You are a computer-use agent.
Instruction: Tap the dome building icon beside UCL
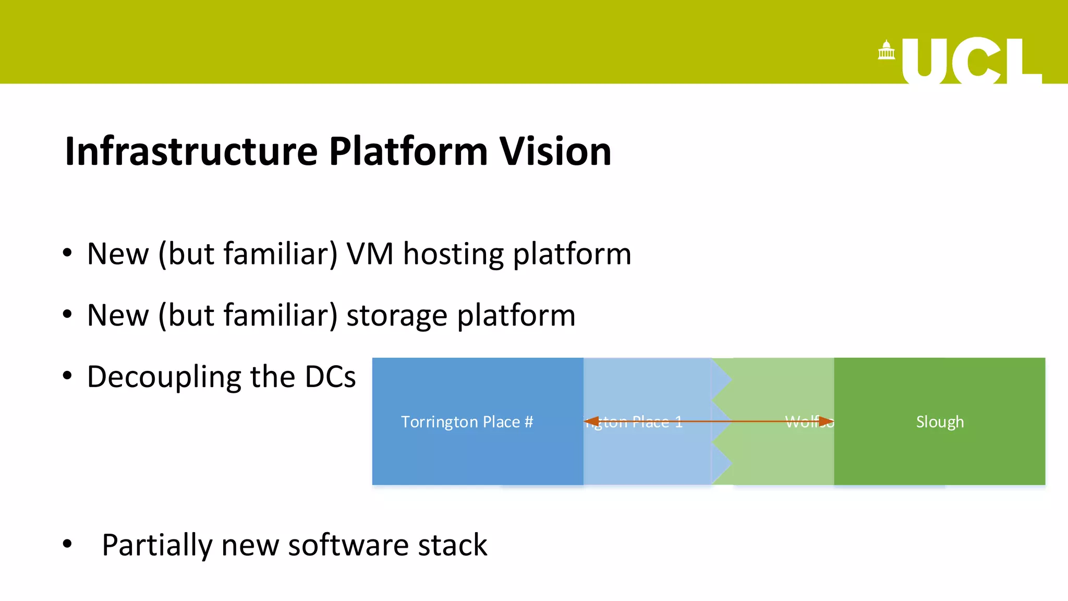pyautogui.click(x=886, y=51)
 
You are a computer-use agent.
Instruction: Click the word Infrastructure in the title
pyautogui.click(x=191, y=151)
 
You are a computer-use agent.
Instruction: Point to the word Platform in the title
pyautogui.click(x=408, y=151)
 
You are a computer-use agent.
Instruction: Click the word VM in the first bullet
pyautogui.click(x=370, y=254)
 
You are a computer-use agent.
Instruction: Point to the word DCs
pyautogui.click(x=330, y=377)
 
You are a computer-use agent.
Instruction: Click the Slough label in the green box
pyautogui.click(x=940, y=422)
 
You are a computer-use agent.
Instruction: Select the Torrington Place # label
pyautogui.click(x=467, y=422)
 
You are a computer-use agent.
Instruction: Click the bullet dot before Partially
pyautogui.click(x=67, y=544)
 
